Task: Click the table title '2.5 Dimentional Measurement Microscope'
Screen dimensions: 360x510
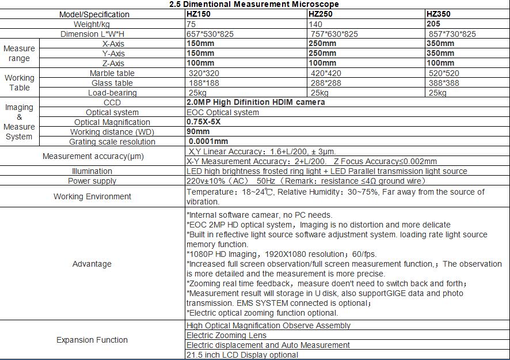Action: pyautogui.click(x=254, y=4)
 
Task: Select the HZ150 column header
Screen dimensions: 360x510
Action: pyautogui.click(x=199, y=14)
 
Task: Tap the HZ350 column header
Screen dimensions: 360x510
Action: pyautogui.click(x=439, y=14)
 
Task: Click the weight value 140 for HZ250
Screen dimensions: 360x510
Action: pyautogui.click(x=315, y=24)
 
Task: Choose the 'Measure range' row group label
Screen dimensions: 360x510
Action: pyautogui.click(x=19, y=54)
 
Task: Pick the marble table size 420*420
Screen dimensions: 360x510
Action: pyautogui.click(x=326, y=73)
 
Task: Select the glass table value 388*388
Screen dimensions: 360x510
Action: pyautogui.click(x=444, y=83)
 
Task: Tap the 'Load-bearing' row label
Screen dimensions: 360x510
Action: pyautogui.click(x=112, y=93)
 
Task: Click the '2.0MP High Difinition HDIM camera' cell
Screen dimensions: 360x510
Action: pyautogui.click(x=256, y=102)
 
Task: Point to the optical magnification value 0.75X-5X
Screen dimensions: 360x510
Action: pyautogui.click(x=204, y=122)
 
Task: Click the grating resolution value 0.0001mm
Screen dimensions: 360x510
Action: pyautogui.click(x=208, y=141)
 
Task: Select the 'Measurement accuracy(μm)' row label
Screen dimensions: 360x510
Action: pyautogui.click(x=93, y=156)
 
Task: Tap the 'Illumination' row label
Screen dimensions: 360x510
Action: pyautogui.click(x=92, y=171)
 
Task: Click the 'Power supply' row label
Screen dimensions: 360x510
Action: pyautogui.click(x=92, y=181)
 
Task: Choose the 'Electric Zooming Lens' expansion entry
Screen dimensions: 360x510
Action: pyautogui.click(x=226, y=335)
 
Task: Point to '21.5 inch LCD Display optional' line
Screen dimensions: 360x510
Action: pyautogui.click(x=242, y=355)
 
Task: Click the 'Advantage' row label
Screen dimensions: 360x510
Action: pyautogui.click(x=92, y=264)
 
